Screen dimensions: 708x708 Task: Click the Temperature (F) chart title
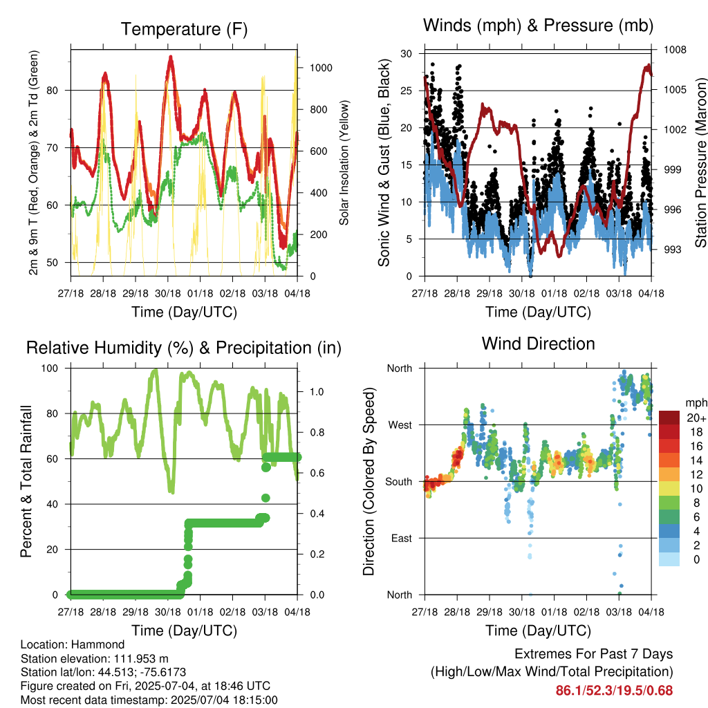pos(184,29)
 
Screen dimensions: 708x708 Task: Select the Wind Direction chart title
pos(538,344)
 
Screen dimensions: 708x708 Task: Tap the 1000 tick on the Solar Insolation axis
pos(321,68)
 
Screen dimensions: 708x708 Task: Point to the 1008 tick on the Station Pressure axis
pos(675,50)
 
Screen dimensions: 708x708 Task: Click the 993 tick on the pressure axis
pos(672,250)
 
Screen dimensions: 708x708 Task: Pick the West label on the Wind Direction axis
pos(400,425)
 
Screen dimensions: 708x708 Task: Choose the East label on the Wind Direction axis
pos(402,538)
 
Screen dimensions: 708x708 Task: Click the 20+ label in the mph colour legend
pos(696,418)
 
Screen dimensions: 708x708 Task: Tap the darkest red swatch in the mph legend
pos(669,418)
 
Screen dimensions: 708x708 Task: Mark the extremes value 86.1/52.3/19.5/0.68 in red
pos(614,691)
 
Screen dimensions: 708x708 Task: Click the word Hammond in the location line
pos(98,644)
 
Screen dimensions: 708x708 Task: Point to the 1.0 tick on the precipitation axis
pos(317,391)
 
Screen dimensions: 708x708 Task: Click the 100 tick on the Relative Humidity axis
pos(50,369)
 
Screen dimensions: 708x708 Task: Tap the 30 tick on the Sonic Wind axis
pos(407,54)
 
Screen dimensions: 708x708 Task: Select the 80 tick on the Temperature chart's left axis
pos(53,91)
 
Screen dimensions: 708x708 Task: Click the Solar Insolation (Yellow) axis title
pos(344,163)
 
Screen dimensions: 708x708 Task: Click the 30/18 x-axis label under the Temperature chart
pos(168,293)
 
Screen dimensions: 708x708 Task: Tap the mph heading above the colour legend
pos(696,403)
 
